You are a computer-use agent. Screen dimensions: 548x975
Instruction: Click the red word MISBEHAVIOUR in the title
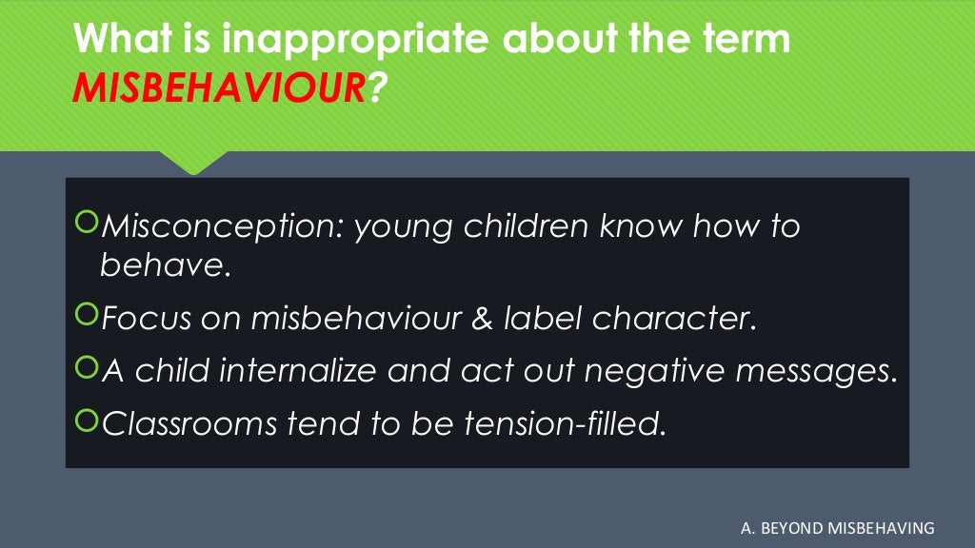(x=219, y=89)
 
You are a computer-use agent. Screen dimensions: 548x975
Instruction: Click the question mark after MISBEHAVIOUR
(x=378, y=89)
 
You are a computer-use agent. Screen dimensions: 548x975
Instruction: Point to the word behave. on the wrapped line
(x=166, y=265)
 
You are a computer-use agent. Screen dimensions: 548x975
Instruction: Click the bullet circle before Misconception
(x=86, y=225)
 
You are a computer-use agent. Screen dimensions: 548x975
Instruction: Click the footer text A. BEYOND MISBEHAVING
(x=837, y=527)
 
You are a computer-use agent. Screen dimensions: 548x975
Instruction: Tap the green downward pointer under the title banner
(x=194, y=162)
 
